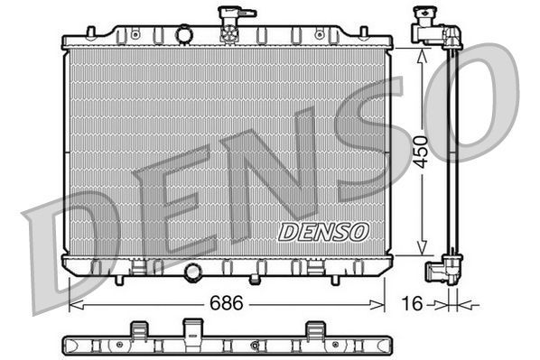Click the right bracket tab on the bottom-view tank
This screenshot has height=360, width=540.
coord(315,329)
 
